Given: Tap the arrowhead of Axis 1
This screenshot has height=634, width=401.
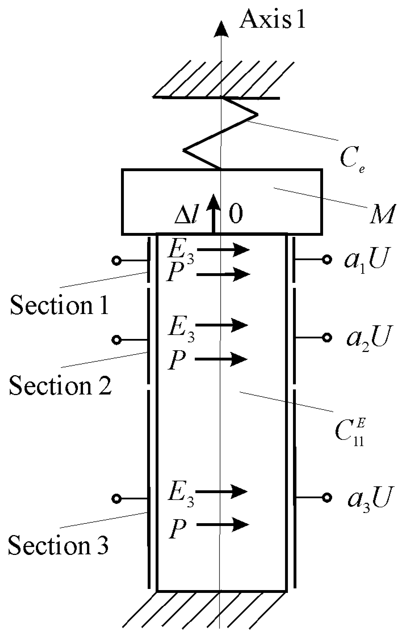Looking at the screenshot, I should tap(221, 28).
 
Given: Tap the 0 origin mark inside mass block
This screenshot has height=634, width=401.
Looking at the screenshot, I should tap(236, 214).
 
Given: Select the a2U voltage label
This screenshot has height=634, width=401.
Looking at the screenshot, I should tap(368, 337).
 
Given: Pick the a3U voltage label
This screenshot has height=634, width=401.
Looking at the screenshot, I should tap(370, 497).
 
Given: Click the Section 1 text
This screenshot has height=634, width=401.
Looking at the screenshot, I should tap(60, 306).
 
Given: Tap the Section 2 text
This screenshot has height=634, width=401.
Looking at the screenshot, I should tap(60, 385).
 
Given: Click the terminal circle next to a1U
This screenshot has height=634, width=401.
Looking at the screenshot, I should tap(327, 259).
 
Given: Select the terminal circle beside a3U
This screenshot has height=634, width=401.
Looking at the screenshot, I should tap(327, 497).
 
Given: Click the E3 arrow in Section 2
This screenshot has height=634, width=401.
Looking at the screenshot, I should tap(221, 325).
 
